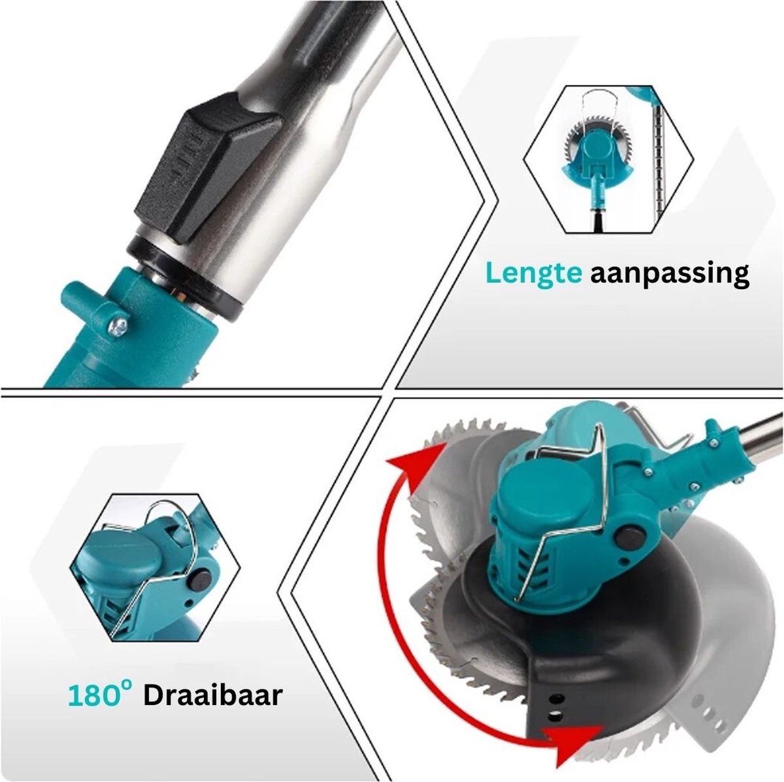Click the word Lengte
tap(534, 273)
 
